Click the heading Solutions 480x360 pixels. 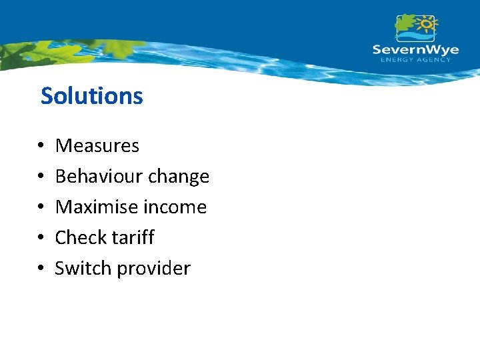pos(91,96)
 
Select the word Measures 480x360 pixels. pos(97,145)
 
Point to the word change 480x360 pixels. pos(179,177)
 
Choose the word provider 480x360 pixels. pos(153,269)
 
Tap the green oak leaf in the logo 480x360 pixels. pos(405,23)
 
